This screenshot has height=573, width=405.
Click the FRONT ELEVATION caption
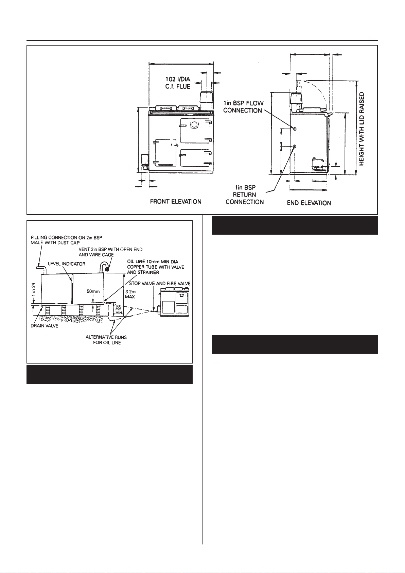pyautogui.click(x=176, y=202)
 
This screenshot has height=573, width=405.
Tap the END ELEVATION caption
pyautogui.click(x=309, y=203)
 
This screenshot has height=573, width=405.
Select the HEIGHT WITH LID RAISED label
pyautogui.click(x=362, y=129)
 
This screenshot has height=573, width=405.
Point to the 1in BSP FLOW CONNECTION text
pyautogui.click(x=243, y=107)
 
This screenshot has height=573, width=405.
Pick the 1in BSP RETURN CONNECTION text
pyautogui.click(x=245, y=195)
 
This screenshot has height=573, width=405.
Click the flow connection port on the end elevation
pyautogui.click(x=295, y=129)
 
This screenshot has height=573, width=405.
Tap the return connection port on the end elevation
pyautogui.click(x=295, y=146)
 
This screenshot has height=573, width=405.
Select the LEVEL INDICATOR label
pyautogui.click(x=67, y=264)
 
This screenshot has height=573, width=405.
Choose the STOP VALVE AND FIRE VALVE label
pyautogui.click(x=160, y=284)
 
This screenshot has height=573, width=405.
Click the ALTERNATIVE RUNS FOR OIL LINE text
pyautogui.click(x=106, y=340)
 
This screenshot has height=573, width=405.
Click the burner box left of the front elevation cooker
pyautogui.click(x=145, y=162)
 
